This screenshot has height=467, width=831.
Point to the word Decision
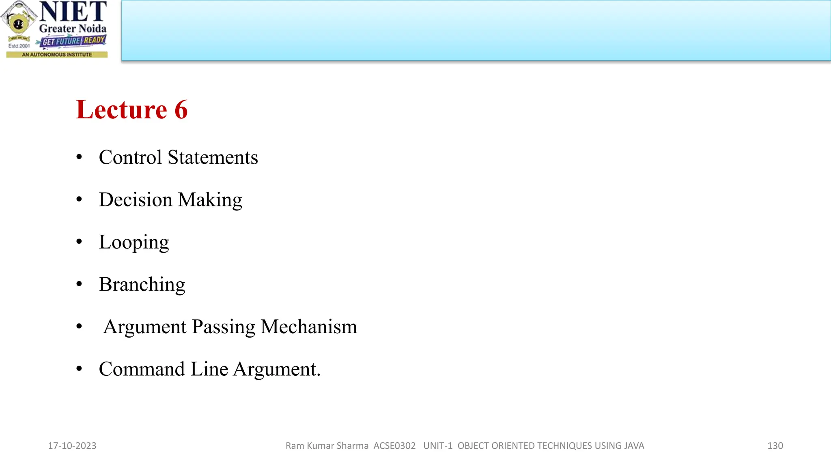[x=136, y=200]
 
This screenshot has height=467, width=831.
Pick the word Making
[x=210, y=200]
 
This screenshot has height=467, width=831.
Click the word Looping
[x=134, y=242]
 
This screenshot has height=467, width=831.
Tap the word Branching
[x=142, y=285]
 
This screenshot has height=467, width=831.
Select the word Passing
[x=223, y=327]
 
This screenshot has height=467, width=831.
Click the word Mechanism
[x=309, y=327]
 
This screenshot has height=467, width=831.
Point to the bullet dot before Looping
[x=79, y=242]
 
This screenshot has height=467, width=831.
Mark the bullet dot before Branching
[x=79, y=284]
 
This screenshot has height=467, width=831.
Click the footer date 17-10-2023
[x=72, y=446]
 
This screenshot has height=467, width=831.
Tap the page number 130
[x=775, y=446]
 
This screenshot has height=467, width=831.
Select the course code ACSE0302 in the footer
[x=394, y=446]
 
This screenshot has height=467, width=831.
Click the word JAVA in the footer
[x=634, y=446]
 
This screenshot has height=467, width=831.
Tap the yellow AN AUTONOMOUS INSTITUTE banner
[x=57, y=55]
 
